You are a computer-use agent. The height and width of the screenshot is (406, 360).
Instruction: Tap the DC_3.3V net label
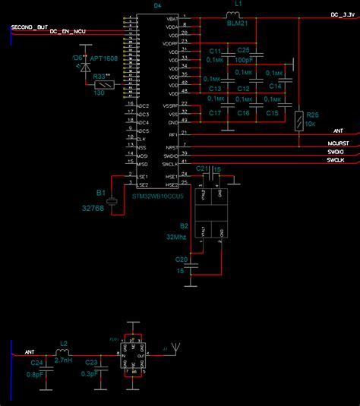[x=343, y=14]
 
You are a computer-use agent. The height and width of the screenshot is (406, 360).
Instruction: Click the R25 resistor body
[x=302, y=120]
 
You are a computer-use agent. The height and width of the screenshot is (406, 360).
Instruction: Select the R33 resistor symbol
[x=100, y=85]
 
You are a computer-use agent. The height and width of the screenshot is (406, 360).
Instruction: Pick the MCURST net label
[x=339, y=143]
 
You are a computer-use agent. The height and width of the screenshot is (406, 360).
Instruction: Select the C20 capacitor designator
[x=181, y=259]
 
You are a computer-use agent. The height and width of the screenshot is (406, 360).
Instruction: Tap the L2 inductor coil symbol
[x=64, y=353]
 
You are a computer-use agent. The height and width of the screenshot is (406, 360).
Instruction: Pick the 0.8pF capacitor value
[x=33, y=373]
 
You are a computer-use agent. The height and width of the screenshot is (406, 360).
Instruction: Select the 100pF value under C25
[x=245, y=58]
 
